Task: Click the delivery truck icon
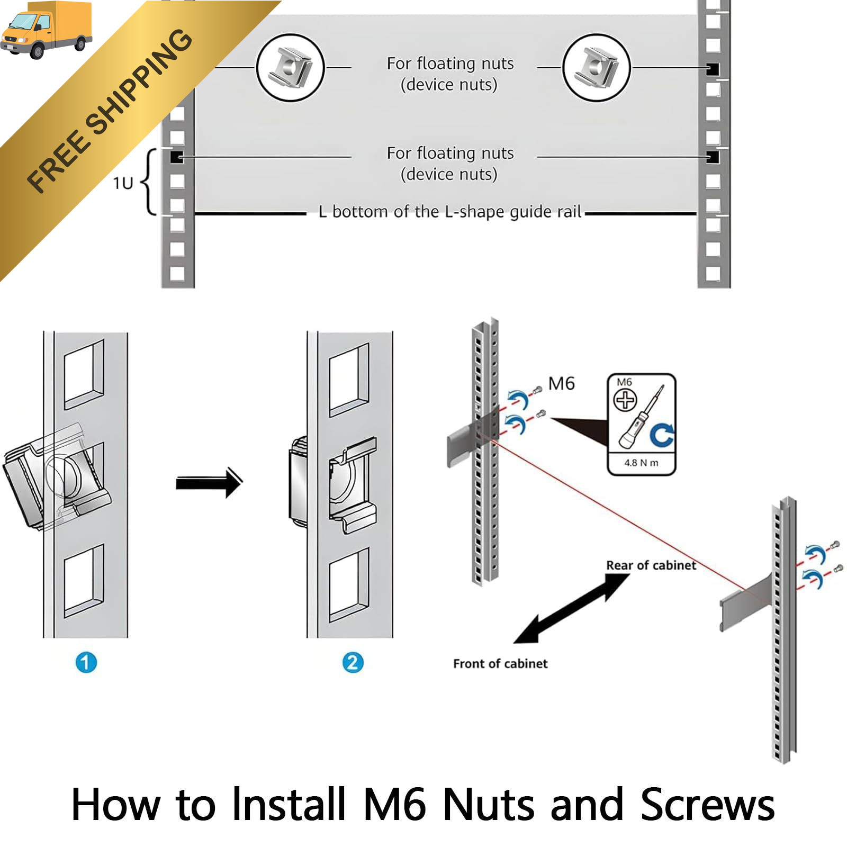(47, 30)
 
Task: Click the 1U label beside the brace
(123, 183)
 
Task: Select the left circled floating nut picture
(290, 68)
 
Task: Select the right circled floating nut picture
(596, 68)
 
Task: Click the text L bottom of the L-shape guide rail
(450, 212)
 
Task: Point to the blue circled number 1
(86, 662)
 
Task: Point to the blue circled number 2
(353, 662)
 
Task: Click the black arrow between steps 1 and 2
(209, 482)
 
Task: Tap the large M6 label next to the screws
(561, 383)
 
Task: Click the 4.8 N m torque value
(641, 463)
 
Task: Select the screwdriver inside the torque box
(641, 418)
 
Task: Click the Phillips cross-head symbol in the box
(625, 400)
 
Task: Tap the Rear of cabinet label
(651, 565)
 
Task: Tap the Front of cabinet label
(500, 664)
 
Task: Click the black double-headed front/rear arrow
(572, 609)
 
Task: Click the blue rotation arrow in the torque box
(662, 435)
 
